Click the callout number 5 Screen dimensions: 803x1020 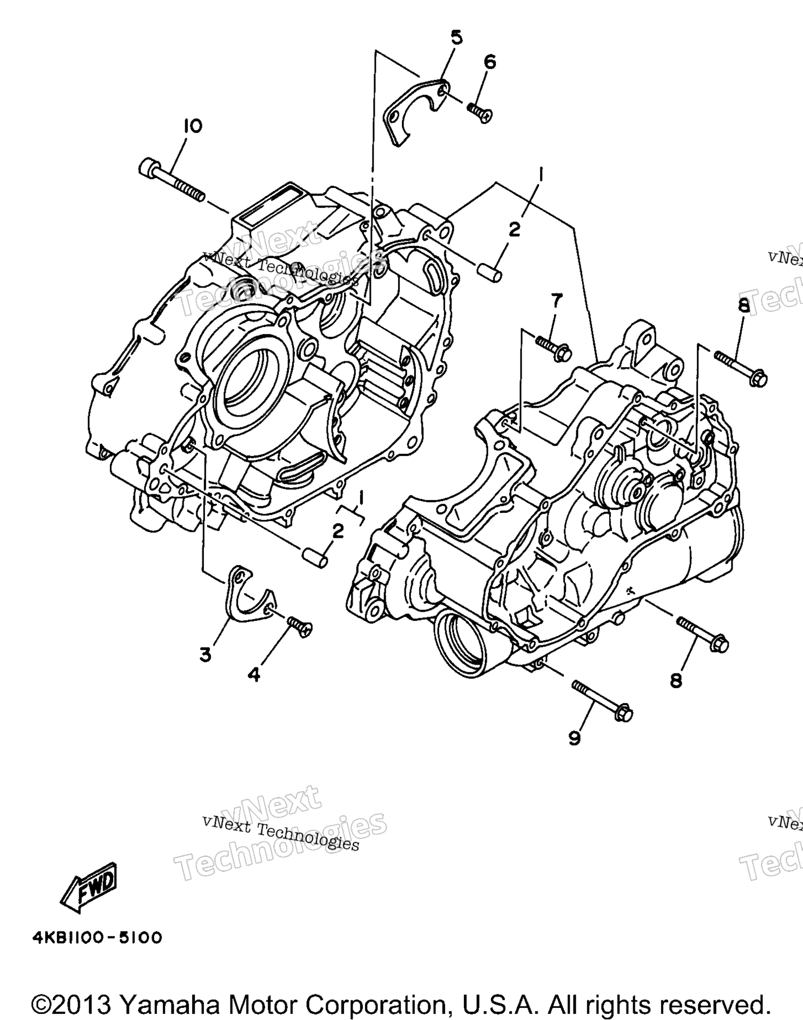456,38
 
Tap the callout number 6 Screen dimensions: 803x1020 490,62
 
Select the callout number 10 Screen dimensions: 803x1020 192,126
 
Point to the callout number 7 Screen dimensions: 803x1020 556,300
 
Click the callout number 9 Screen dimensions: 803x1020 574,738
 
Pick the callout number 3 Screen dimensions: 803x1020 205,654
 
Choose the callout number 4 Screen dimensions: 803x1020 254,675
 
